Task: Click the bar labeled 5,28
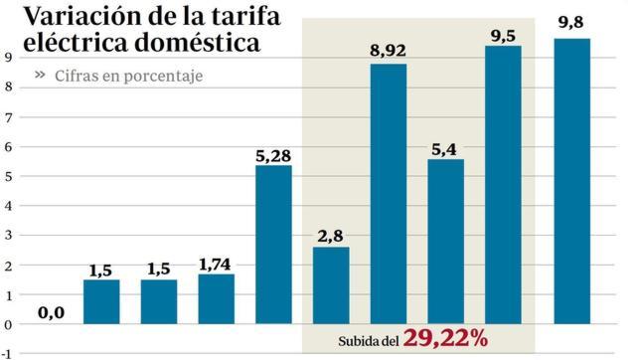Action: coord(273,245)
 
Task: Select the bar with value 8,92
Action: coord(389,194)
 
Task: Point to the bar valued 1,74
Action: coord(217,299)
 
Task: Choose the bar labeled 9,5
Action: coord(503,185)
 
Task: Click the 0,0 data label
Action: coord(51,312)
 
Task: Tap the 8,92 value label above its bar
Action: coord(389,50)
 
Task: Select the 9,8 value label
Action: coord(570,23)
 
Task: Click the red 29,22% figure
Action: coord(445,339)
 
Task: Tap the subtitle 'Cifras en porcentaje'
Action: coord(129,76)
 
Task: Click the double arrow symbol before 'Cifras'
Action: coord(41,75)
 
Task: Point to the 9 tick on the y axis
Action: coord(7,57)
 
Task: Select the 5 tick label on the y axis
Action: coord(7,176)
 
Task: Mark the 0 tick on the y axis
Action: coord(7,324)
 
